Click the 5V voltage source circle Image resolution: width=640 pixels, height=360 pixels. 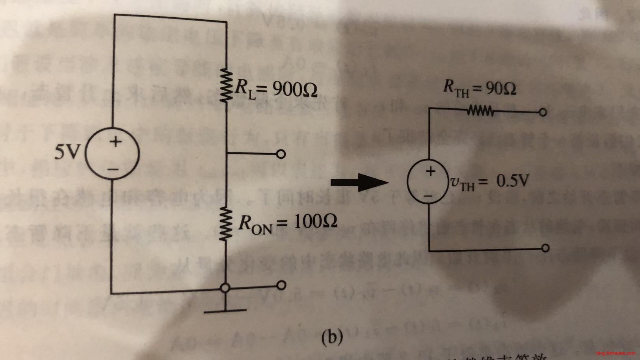(112, 154)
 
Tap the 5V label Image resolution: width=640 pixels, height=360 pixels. (67, 152)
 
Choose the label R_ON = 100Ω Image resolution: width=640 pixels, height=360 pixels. (287, 224)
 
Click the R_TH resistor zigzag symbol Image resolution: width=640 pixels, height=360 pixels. (480, 111)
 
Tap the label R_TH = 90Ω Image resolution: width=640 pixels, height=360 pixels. (480, 89)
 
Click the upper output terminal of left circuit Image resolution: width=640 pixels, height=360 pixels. (281, 154)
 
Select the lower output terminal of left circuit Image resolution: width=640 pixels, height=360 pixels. (281, 284)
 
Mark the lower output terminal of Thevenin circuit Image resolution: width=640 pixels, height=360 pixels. (545, 248)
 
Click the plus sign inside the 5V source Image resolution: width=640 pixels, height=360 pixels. (115, 141)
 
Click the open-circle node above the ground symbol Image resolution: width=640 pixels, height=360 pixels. (225, 288)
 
